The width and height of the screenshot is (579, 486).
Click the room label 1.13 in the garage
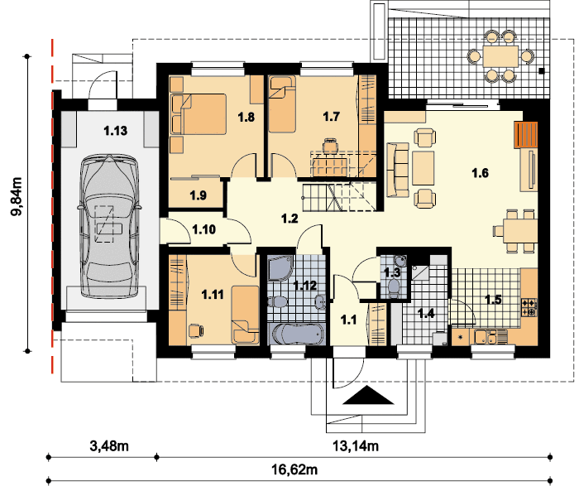tap(115, 131)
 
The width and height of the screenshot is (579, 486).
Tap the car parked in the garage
tap(109, 226)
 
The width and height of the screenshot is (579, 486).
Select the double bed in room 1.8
tap(199, 113)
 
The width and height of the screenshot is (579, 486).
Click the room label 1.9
tap(199, 195)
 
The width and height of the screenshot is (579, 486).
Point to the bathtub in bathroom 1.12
tap(298, 334)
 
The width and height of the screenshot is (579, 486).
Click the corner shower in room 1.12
tap(280, 268)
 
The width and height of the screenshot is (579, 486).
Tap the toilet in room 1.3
tap(394, 287)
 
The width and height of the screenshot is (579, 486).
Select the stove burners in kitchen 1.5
tap(529, 307)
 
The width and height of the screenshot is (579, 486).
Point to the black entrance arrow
tap(368, 395)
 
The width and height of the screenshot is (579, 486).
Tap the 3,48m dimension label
tap(109, 445)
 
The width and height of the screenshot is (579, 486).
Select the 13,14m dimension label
tap(356, 446)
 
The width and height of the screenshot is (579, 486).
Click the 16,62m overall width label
tap(294, 469)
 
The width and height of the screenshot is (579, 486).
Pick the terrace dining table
tap(500, 56)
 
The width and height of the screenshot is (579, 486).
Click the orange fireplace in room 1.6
tap(526, 134)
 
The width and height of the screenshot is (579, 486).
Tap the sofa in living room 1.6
tap(398, 170)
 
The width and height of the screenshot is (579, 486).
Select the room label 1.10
tap(203, 229)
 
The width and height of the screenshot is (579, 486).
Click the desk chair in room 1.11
tap(195, 330)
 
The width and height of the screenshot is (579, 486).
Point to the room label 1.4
tap(426, 314)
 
